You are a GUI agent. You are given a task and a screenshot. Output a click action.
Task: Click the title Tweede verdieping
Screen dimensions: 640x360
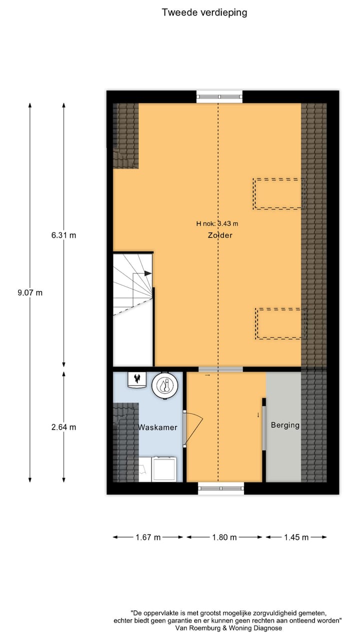(x=204, y=12)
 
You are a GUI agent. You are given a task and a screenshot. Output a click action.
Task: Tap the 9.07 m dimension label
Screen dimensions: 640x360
(x=30, y=293)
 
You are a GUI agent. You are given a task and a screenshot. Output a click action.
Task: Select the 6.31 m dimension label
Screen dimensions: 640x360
(x=63, y=235)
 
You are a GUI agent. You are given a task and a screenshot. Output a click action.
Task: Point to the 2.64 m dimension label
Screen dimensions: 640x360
(x=63, y=427)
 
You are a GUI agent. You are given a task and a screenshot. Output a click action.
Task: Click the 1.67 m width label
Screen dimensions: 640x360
(x=148, y=537)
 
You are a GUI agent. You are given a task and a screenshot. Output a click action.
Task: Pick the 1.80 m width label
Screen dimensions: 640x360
(x=224, y=537)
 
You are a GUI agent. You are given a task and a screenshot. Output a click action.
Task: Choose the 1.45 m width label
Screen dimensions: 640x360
(x=296, y=537)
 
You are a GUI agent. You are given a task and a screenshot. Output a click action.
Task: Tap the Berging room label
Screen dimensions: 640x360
(x=285, y=425)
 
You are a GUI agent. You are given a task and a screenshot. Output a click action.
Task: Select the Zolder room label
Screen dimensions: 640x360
(x=220, y=235)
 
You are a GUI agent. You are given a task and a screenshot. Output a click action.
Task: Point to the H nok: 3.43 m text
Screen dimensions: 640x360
(x=217, y=224)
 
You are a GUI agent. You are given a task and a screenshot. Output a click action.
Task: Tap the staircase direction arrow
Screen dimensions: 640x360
(x=147, y=273)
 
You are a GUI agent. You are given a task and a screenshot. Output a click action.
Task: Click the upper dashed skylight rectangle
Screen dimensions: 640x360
(x=278, y=193)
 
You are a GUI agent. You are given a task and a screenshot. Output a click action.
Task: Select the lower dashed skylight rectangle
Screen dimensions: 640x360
(x=280, y=324)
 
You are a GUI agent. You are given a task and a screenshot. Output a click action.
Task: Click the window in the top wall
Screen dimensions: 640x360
(x=219, y=96)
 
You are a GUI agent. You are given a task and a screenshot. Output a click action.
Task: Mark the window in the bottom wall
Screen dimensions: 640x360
(x=221, y=488)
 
